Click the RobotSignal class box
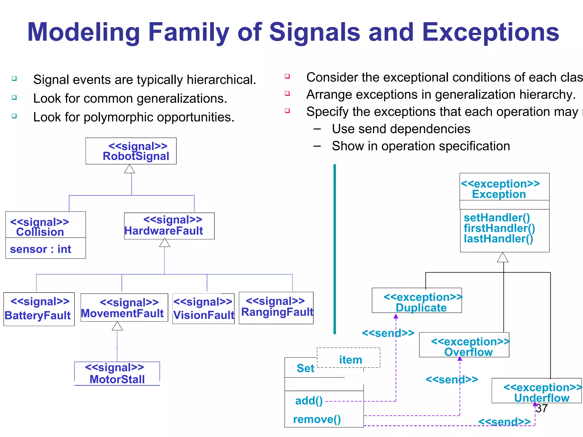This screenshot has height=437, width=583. (x=131, y=151)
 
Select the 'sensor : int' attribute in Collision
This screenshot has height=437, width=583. (x=41, y=249)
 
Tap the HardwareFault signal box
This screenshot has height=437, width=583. (x=169, y=226)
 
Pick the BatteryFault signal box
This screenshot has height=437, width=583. (x=39, y=309)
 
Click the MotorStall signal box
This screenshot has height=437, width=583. (x=117, y=374)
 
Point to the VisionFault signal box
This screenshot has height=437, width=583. (x=203, y=309)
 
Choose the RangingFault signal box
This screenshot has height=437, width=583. (x=276, y=308)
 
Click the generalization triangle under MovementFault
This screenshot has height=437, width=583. (x=117, y=326)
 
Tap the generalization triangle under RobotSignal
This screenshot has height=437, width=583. (x=130, y=169)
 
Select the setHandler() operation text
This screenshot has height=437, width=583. (x=497, y=218)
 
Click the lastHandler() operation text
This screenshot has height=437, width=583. (x=498, y=239)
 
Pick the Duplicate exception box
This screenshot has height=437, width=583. (x=417, y=300)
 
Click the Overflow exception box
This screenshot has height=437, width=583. (x=464, y=345)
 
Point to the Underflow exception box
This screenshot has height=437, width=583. (x=536, y=391)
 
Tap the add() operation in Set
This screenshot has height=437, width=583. (x=309, y=401)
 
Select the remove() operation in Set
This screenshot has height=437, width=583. (x=317, y=419)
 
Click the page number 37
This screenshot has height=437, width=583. (x=542, y=409)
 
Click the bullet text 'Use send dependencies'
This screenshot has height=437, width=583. (x=401, y=129)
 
